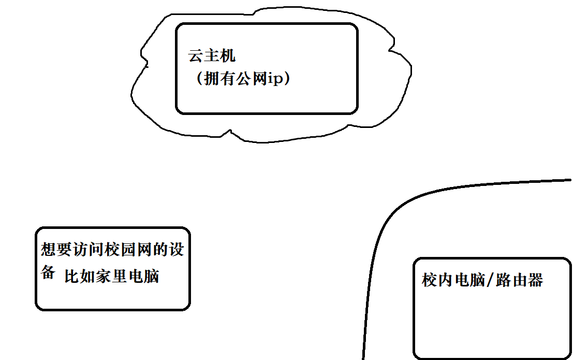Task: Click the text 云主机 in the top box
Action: (x=212, y=56)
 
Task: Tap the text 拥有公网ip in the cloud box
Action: (x=242, y=79)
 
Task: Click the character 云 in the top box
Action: (x=196, y=56)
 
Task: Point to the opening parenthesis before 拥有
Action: (x=199, y=80)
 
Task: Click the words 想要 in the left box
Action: (x=56, y=251)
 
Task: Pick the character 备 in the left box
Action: (x=48, y=273)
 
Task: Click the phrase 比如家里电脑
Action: (x=112, y=276)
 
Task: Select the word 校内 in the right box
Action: (x=437, y=280)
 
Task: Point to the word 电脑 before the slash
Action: (x=469, y=280)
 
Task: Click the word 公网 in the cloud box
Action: (x=251, y=79)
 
